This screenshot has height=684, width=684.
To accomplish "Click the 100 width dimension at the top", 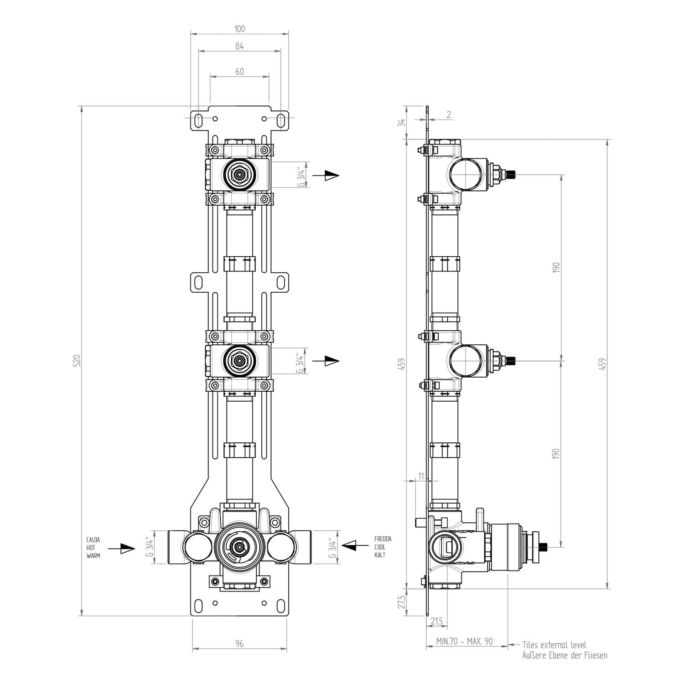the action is pyautogui.click(x=239, y=29).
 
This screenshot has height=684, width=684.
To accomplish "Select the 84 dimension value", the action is pyautogui.click(x=239, y=46).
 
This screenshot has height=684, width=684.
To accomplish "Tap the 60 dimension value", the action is pyautogui.click(x=239, y=72).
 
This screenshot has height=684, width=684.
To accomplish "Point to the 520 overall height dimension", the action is pyautogui.click(x=77, y=360).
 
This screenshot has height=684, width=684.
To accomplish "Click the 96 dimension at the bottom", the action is pyautogui.click(x=239, y=643).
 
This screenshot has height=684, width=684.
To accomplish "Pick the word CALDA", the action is pyautogui.click(x=93, y=540).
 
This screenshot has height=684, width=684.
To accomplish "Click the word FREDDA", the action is pyautogui.click(x=383, y=539).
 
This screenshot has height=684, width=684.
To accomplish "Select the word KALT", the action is pyautogui.click(x=379, y=555).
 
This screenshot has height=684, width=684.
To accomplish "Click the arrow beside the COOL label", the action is pyautogui.click(x=355, y=545).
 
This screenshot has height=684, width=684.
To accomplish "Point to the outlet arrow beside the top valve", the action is pyautogui.click(x=326, y=175).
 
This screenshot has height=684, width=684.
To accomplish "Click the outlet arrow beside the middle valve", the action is pyautogui.click(x=326, y=361).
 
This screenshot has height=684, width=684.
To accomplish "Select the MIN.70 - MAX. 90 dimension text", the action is pyautogui.click(x=465, y=641).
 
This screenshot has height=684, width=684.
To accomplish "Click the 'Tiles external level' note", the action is pyautogui.click(x=554, y=645).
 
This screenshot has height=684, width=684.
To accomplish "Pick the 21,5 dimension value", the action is pyautogui.click(x=437, y=621).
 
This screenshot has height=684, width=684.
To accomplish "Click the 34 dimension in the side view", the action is pyautogui.click(x=401, y=122).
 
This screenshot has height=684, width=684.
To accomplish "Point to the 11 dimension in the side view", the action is pyautogui.click(x=420, y=476).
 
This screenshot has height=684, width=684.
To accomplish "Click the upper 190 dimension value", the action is pyautogui.click(x=556, y=267).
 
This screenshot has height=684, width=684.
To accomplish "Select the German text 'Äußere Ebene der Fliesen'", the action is pyautogui.click(x=565, y=656).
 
